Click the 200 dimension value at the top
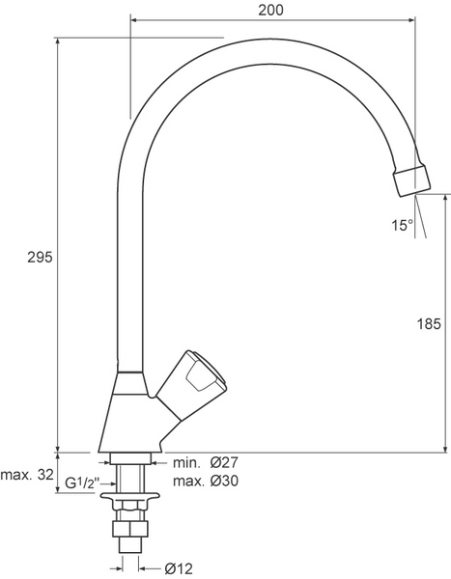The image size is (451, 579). pyautogui.click(x=271, y=11)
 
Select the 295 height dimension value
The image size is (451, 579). pyautogui.click(x=41, y=258)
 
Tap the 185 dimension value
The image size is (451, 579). pyautogui.click(x=429, y=324)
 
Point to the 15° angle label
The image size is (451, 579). pyautogui.click(x=403, y=225)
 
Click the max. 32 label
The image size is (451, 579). pyautogui.click(x=27, y=475)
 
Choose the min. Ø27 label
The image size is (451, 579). pyautogui.click(x=206, y=462)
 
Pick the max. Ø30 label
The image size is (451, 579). pyautogui.click(x=206, y=481)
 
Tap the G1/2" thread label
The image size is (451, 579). pyautogui.click(x=82, y=482)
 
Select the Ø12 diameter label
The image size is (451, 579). pyautogui.click(x=179, y=568)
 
